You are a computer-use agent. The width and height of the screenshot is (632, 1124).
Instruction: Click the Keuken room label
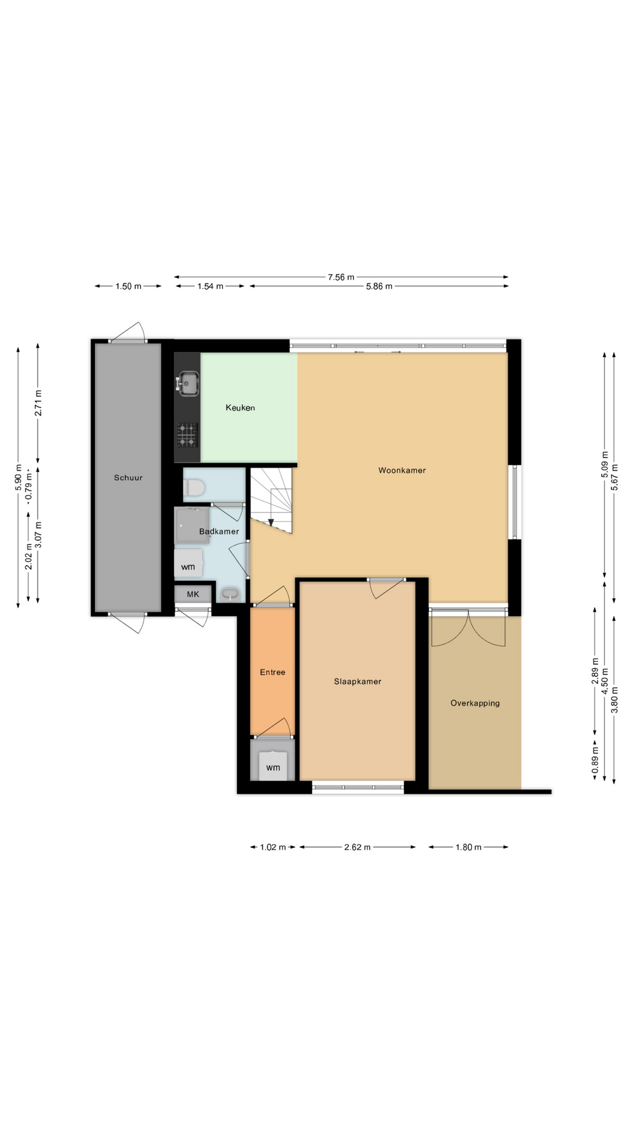point(240,408)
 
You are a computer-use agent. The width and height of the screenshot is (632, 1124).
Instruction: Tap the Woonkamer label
point(401,471)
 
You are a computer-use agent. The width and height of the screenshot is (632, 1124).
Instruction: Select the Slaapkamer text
point(358,681)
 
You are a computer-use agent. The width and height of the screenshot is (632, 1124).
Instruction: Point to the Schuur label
point(128,478)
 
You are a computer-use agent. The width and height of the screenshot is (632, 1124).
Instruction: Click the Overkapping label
point(475,703)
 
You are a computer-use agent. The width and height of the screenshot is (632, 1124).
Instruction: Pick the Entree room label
point(272,672)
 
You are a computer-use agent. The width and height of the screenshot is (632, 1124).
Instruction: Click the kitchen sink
point(187,383)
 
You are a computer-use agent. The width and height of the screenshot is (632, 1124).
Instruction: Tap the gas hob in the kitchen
point(187,435)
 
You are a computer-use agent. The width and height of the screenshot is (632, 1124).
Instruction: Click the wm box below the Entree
point(273,766)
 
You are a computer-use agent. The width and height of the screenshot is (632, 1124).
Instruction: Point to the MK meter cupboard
point(193,594)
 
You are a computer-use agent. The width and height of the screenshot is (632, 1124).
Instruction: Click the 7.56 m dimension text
point(341,277)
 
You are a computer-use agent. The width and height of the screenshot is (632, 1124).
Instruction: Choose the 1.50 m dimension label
point(128,286)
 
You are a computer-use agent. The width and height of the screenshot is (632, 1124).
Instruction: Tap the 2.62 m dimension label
point(357,847)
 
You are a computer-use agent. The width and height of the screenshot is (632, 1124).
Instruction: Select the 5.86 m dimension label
point(379,286)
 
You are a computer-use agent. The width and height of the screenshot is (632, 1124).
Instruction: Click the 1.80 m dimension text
point(468,847)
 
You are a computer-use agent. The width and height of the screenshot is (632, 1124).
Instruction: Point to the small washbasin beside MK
point(231,595)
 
